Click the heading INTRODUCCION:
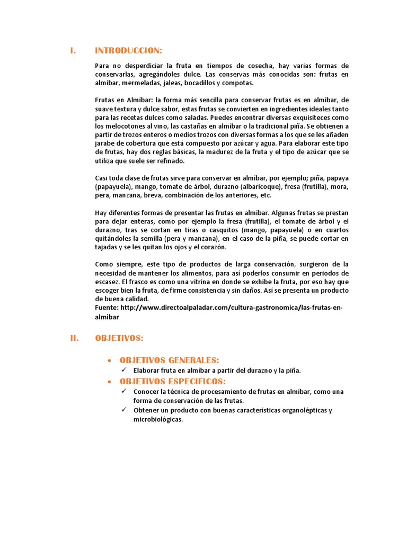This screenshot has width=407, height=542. [128, 51]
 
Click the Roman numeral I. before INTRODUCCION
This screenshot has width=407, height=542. [73, 51]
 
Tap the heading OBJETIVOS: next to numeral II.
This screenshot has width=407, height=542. [119, 338]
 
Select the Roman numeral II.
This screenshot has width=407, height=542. [75, 338]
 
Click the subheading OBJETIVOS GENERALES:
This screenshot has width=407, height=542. [169, 360]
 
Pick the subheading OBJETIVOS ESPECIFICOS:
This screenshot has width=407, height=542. [173, 382]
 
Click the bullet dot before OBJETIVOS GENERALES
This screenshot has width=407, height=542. [109, 361]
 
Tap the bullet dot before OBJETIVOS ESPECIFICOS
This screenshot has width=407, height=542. [109, 382]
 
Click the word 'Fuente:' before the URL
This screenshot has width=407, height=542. [107, 308]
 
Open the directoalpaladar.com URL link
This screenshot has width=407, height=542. [228, 308]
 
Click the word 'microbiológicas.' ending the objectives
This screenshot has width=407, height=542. [158, 419]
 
